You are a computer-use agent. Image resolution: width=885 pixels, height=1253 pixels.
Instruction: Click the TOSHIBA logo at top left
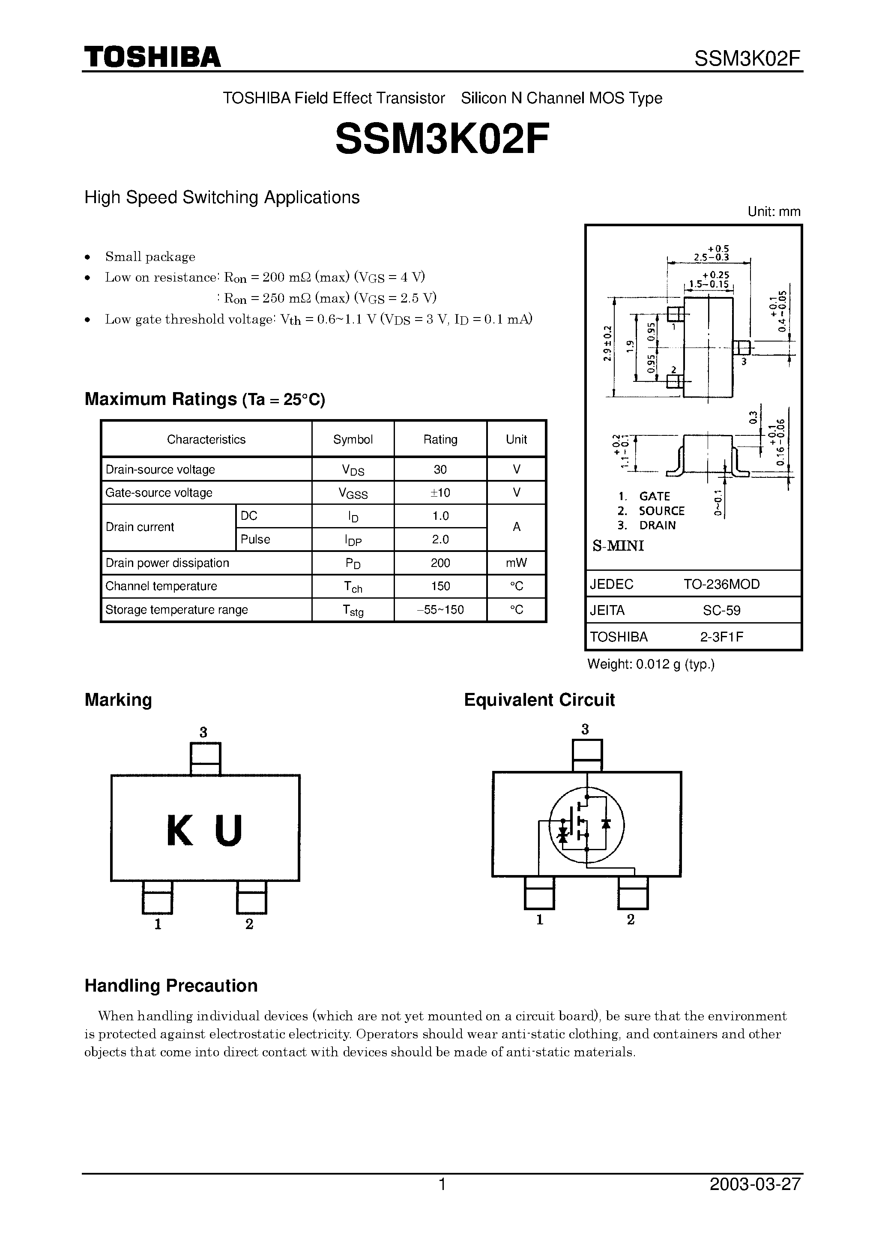[152, 57]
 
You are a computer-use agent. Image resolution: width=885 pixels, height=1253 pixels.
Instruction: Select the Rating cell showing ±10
[440, 493]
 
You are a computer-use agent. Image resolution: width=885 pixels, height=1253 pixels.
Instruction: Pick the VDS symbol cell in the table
[353, 469]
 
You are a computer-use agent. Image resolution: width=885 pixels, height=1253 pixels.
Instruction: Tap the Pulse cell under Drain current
[255, 539]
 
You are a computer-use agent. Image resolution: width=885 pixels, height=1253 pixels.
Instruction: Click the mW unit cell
[516, 563]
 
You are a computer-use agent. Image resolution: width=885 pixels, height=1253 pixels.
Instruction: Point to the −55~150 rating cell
[440, 610]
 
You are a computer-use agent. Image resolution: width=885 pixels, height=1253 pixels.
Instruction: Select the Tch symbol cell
[353, 587]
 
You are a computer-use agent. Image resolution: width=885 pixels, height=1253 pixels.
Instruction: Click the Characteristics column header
[206, 439]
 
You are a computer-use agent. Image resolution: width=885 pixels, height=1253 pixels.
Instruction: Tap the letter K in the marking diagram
[180, 831]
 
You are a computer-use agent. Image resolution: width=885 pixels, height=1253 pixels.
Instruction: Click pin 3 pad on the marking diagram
[205, 758]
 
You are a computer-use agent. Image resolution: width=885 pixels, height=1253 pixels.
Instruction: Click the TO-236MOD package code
[721, 585]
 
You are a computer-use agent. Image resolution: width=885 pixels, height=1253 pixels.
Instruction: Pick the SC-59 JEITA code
[721, 610]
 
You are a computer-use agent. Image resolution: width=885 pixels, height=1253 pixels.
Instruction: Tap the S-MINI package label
[618, 546]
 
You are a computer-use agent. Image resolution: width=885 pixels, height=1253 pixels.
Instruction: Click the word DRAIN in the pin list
[658, 525]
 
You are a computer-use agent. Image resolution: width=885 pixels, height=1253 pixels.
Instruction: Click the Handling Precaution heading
[171, 986]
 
